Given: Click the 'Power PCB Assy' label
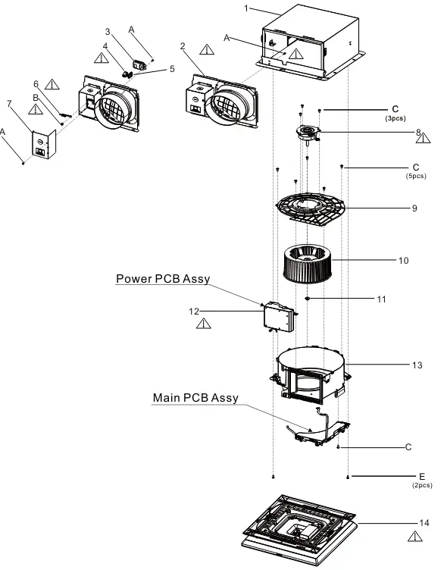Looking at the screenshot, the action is pyautogui.click(x=163, y=279).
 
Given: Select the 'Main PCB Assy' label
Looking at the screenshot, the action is pyautogui.click(x=195, y=398).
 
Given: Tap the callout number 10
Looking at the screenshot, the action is pyautogui.click(x=403, y=261).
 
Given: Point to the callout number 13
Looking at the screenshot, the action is pyautogui.click(x=417, y=365).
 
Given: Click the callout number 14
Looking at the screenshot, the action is pyautogui.click(x=424, y=523).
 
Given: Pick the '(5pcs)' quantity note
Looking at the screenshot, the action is pyautogui.click(x=416, y=176).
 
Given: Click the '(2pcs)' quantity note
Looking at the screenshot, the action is pyautogui.click(x=422, y=485).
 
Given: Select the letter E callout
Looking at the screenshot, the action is pyautogui.click(x=422, y=476).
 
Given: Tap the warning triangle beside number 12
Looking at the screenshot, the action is pyautogui.click(x=204, y=324).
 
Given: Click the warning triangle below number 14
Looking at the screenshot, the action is pyautogui.click(x=415, y=537).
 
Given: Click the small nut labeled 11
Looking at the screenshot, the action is pyautogui.click(x=308, y=299).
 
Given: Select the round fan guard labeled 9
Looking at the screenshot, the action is pyautogui.click(x=311, y=208).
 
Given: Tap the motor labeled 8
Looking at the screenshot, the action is pyautogui.click(x=308, y=133).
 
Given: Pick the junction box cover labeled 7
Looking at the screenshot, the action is pyautogui.click(x=44, y=145).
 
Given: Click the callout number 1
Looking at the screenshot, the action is pyautogui.click(x=246, y=8).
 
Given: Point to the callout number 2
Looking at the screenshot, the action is pyautogui.click(x=183, y=46).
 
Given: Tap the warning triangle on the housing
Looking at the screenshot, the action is pyautogui.click(x=296, y=54).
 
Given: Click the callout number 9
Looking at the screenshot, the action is pyautogui.click(x=414, y=208).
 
